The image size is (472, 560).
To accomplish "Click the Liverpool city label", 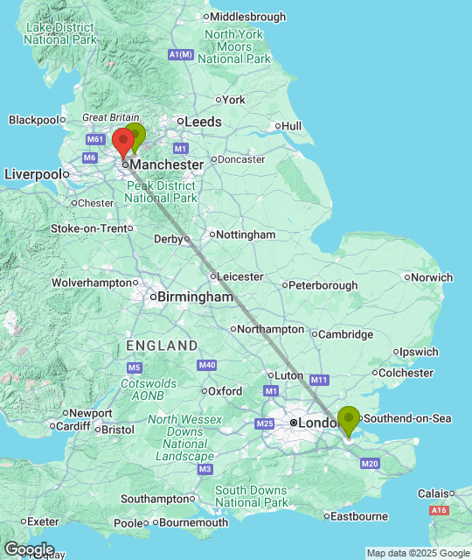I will click(35, 174).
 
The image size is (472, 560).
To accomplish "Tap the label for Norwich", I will click(433, 277).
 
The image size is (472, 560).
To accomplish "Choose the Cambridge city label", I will click(345, 334).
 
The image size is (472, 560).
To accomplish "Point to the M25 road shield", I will click(266, 423).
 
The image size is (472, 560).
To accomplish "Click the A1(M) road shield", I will click(180, 55).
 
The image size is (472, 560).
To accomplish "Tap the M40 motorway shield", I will click(207, 365).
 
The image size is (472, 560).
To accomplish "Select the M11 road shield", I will click(318, 380).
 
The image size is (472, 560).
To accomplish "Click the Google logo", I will click(29, 549).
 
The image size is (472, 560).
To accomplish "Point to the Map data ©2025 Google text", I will click(418, 553).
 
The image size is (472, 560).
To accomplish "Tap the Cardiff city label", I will click(73, 426).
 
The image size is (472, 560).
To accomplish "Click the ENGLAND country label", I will click(163, 346).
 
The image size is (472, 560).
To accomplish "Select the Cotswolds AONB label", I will click(148, 389).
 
